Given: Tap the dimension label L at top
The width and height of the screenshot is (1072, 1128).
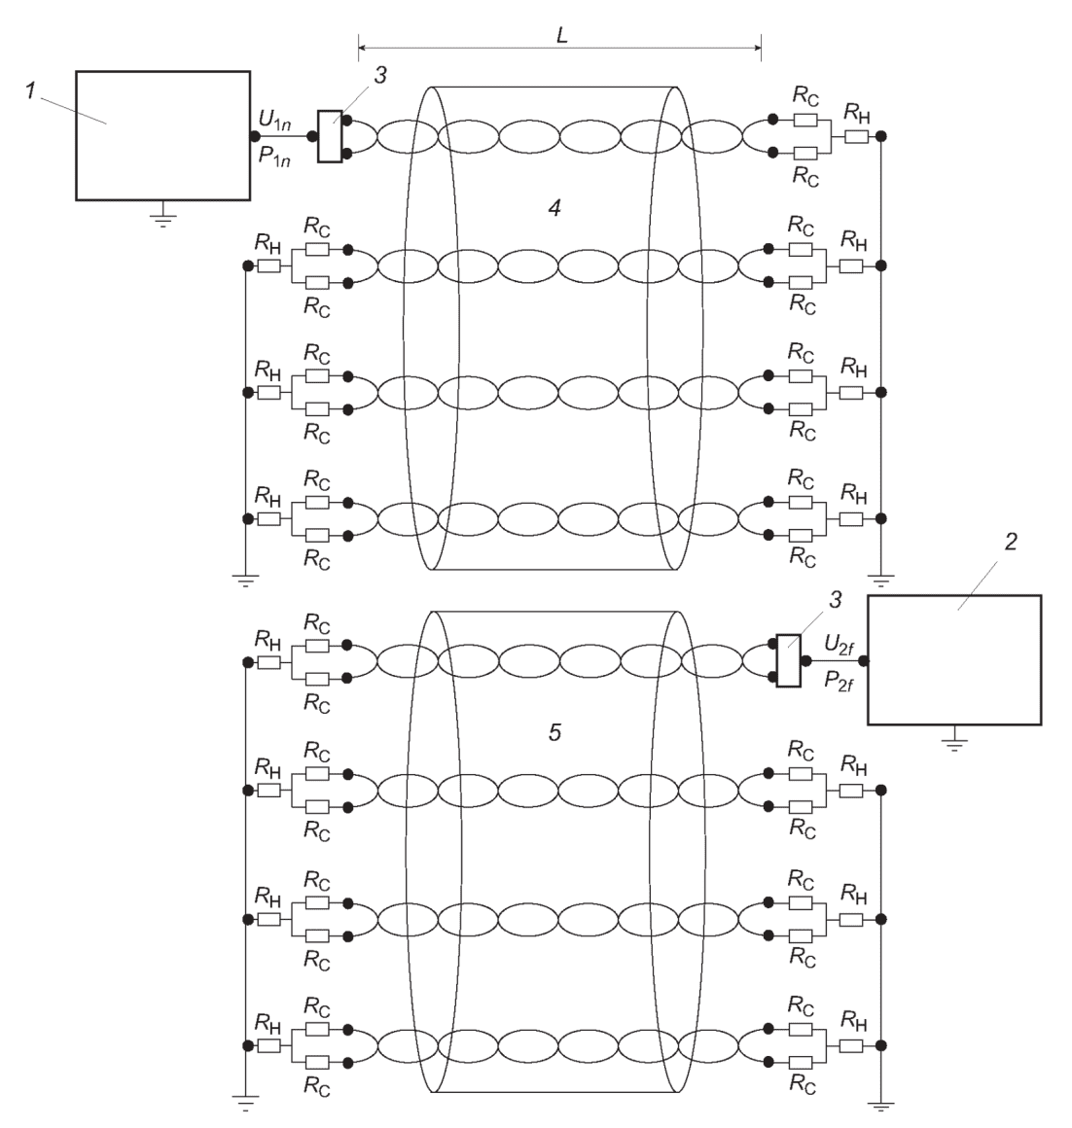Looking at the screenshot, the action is tap(562, 35).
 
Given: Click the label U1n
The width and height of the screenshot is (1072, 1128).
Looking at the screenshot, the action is tap(274, 121).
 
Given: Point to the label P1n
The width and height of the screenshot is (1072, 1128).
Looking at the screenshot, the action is tap(274, 157).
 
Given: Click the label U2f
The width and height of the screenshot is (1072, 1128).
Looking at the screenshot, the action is tap(839, 645).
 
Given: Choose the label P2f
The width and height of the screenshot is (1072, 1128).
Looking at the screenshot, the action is tap(839, 680).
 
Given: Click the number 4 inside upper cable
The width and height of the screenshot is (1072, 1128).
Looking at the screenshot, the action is tap(554, 208).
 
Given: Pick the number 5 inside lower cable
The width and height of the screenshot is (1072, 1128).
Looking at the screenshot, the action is tap(554, 732).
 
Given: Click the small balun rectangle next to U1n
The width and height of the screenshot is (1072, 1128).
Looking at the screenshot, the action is tap(330, 136).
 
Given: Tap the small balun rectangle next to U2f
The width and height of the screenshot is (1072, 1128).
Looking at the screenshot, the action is tap(789, 660).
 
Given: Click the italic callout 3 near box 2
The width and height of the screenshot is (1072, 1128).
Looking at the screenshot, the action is tap(836, 599).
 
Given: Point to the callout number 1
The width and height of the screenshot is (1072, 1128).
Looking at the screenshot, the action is tap(30, 91).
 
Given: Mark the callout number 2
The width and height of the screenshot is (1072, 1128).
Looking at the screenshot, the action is tap(1011, 542).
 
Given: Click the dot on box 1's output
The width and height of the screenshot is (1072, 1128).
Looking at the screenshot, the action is tap(255, 136).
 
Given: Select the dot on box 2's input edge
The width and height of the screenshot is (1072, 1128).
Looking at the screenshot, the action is tap(864, 660).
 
